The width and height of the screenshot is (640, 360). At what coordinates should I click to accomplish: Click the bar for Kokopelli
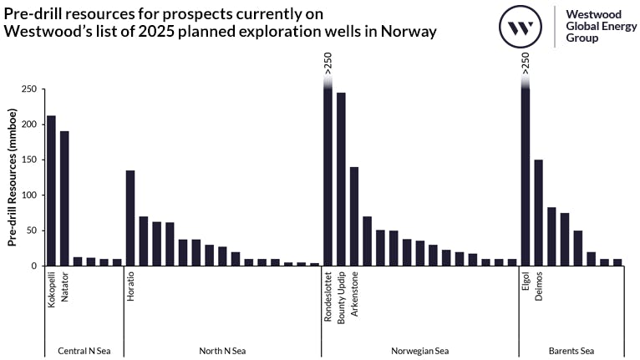pyautogui.click(x=51, y=190)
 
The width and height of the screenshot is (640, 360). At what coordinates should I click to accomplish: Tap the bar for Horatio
pyautogui.click(x=130, y=218)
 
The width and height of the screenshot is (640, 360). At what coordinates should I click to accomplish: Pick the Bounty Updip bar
pyautogui.click(x=341, y=179)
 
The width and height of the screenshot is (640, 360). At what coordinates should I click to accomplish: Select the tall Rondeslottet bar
pyautogui.click(x=328, y=175)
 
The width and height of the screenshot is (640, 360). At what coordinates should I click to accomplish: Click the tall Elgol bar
pyautogui.click(x=526, y=175)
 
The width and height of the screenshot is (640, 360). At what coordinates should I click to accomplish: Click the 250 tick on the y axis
pyautogui.click(x=29, y=89)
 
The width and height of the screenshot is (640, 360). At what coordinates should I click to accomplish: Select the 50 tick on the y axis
pyautogui.click(x=32, y=231)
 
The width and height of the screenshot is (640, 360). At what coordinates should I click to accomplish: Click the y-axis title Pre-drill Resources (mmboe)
pyautogui.click(x=13, y=177)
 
